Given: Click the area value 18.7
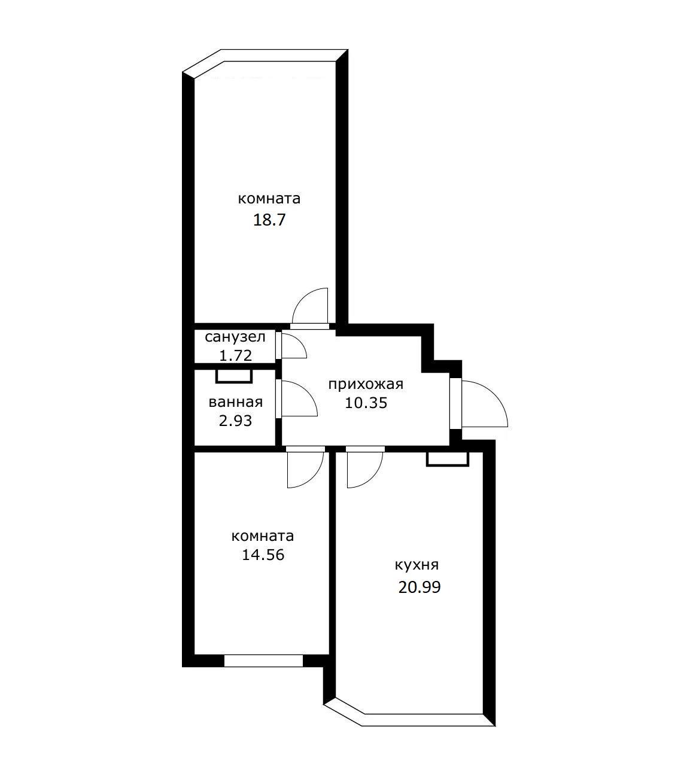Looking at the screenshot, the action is click(269, 220).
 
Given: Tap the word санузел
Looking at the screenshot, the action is click(235, 337).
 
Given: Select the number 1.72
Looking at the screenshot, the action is click(235, 355).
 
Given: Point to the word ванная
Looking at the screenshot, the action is click(236, 402).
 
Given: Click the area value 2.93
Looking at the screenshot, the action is click(235, 421).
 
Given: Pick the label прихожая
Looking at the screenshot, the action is click(366, 384).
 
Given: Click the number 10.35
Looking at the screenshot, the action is click(366, 403).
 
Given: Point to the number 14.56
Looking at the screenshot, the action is click(263, 555).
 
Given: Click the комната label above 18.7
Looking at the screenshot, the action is click(269, 199).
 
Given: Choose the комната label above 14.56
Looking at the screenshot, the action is click(263, 536).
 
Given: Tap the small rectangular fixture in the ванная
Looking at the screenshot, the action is click(234, 376).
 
